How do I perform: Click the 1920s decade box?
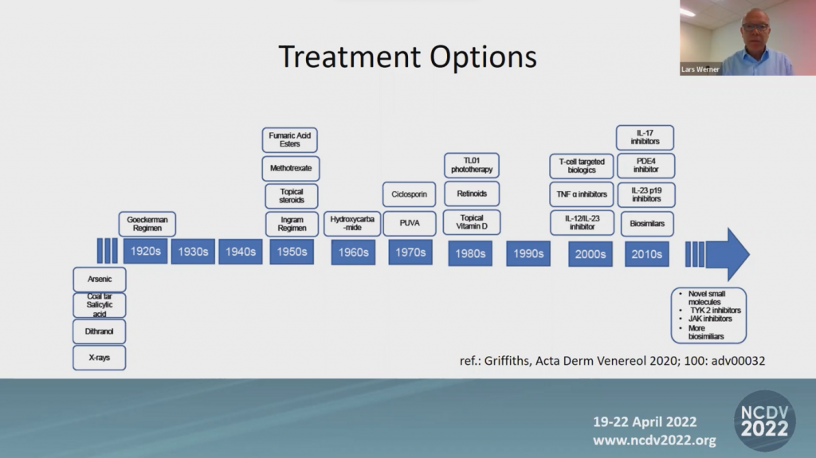pyautogui.click(x=146, y=252)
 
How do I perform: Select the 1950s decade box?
pyautogui.click(x=292, y=252)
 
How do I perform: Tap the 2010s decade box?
pyautogui.click(x=647, y=254)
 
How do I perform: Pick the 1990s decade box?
pyautogui.click(x=528, y=253)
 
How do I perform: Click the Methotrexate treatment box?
pyautogui.click(x=291, y=168)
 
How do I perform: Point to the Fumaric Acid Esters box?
pyautogui.click(x=290, y=139)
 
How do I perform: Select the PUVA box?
pyautogui.click(x=410, y=223)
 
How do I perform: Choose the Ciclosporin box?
pyautogui.click(x=409, y=194)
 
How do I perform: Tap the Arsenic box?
pyautogui.click(x=100, y=279)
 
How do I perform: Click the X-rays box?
pyautogui.click(x=100, y=358)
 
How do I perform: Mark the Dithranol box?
pyautogui.click(x=100, y=331)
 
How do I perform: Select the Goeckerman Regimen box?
pyautogui.click(x=147, y=224)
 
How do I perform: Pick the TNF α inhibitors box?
pyautogui.click(x=582, y=194)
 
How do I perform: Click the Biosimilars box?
pyautogui.click(x=647, y=224)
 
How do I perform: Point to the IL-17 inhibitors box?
pyautogui.click(x=645, y=137)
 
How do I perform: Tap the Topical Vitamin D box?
pyautogui.click(x=472, y=222)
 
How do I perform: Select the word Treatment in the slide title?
pyautogui.click(x=350, y=57)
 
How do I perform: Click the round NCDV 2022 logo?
pyautogui.click(x=764, y=421)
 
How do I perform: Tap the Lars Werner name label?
pyautogui.click(x=700, y=69)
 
